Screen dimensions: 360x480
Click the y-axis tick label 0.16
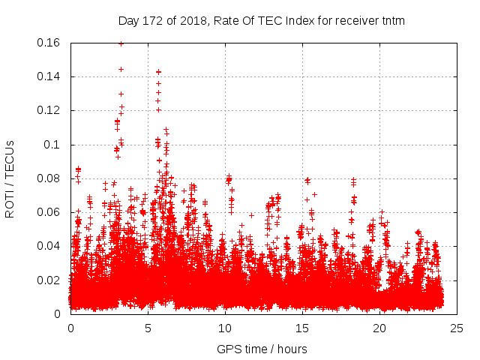(49, 43)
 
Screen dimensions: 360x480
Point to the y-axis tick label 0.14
(49, 76)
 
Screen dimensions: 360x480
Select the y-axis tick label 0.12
(49, 110)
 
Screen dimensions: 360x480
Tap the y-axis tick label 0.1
(52, 145)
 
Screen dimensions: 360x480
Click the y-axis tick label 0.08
(49, 178)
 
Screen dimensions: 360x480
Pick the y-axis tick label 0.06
(49, 212)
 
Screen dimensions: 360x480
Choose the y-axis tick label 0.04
(49, 246)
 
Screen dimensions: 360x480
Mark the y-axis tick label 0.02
(49, 280)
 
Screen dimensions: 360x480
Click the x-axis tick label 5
(148, 328)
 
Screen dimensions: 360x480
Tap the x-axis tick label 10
(225, 328)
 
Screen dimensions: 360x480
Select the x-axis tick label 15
(302, 328)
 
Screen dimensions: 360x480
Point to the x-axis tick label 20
(379, 328)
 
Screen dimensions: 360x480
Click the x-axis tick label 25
(457, 328)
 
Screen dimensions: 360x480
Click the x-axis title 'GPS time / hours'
(262, 349)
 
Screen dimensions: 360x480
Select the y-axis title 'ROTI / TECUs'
(10, 178)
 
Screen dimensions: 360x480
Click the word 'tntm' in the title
(392, 21)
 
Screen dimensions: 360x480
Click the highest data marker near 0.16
(121, 43)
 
